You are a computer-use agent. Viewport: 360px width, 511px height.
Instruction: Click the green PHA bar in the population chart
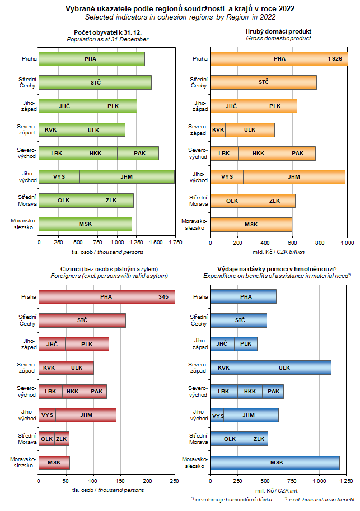(91, 59)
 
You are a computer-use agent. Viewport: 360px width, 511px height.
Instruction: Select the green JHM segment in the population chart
(127, 177)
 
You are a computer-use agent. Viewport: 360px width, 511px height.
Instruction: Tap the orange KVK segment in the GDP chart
(218, 129)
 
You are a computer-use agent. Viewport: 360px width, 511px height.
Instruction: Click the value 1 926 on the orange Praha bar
(334, 59)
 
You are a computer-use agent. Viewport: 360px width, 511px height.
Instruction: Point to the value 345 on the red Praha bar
(163, 296)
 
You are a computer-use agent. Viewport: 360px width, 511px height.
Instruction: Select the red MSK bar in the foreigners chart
(54, 463)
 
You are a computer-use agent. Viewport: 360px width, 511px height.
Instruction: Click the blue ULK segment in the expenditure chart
(284, 368)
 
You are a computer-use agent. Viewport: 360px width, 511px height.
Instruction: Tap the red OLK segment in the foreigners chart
(46, 439)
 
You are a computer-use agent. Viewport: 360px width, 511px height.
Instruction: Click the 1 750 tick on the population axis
(175, 243)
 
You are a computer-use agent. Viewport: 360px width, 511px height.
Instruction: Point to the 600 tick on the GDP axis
(292, 243)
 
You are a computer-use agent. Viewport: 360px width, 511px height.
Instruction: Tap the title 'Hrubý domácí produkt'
(279, 31)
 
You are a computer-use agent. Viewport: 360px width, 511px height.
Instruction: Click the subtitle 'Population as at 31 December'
(107, 39)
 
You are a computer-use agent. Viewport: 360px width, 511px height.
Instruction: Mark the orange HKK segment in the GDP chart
(258, 153)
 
